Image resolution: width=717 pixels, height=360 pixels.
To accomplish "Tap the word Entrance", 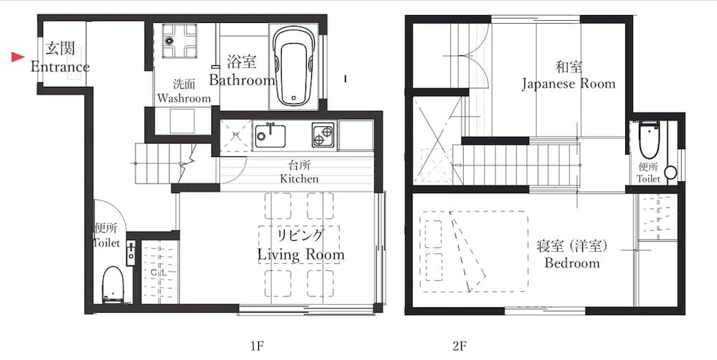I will click(x=60, y=67).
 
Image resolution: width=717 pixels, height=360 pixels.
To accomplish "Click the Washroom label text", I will click(x=184, y=98).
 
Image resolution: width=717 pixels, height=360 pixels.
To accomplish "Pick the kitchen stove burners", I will click(x=322, y=133).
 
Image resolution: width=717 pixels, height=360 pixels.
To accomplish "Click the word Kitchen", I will click(x=299, y=179).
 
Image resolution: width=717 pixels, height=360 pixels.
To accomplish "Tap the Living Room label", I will click(x=301, y=255).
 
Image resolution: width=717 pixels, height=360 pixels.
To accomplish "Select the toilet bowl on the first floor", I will click(x=113, y=283).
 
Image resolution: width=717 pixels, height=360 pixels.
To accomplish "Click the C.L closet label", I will click(x=158, y=273).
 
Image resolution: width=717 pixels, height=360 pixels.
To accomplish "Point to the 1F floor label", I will click(x=257, y=345).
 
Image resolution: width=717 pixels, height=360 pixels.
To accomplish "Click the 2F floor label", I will click(x=460, y=345).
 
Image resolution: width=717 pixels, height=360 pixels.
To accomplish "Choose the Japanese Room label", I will click(x=568, y=83).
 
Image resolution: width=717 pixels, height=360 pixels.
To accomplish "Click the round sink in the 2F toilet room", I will click(x=670, y=172).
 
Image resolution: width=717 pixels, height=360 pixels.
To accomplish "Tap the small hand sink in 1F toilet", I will click(x=131, y=252).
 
